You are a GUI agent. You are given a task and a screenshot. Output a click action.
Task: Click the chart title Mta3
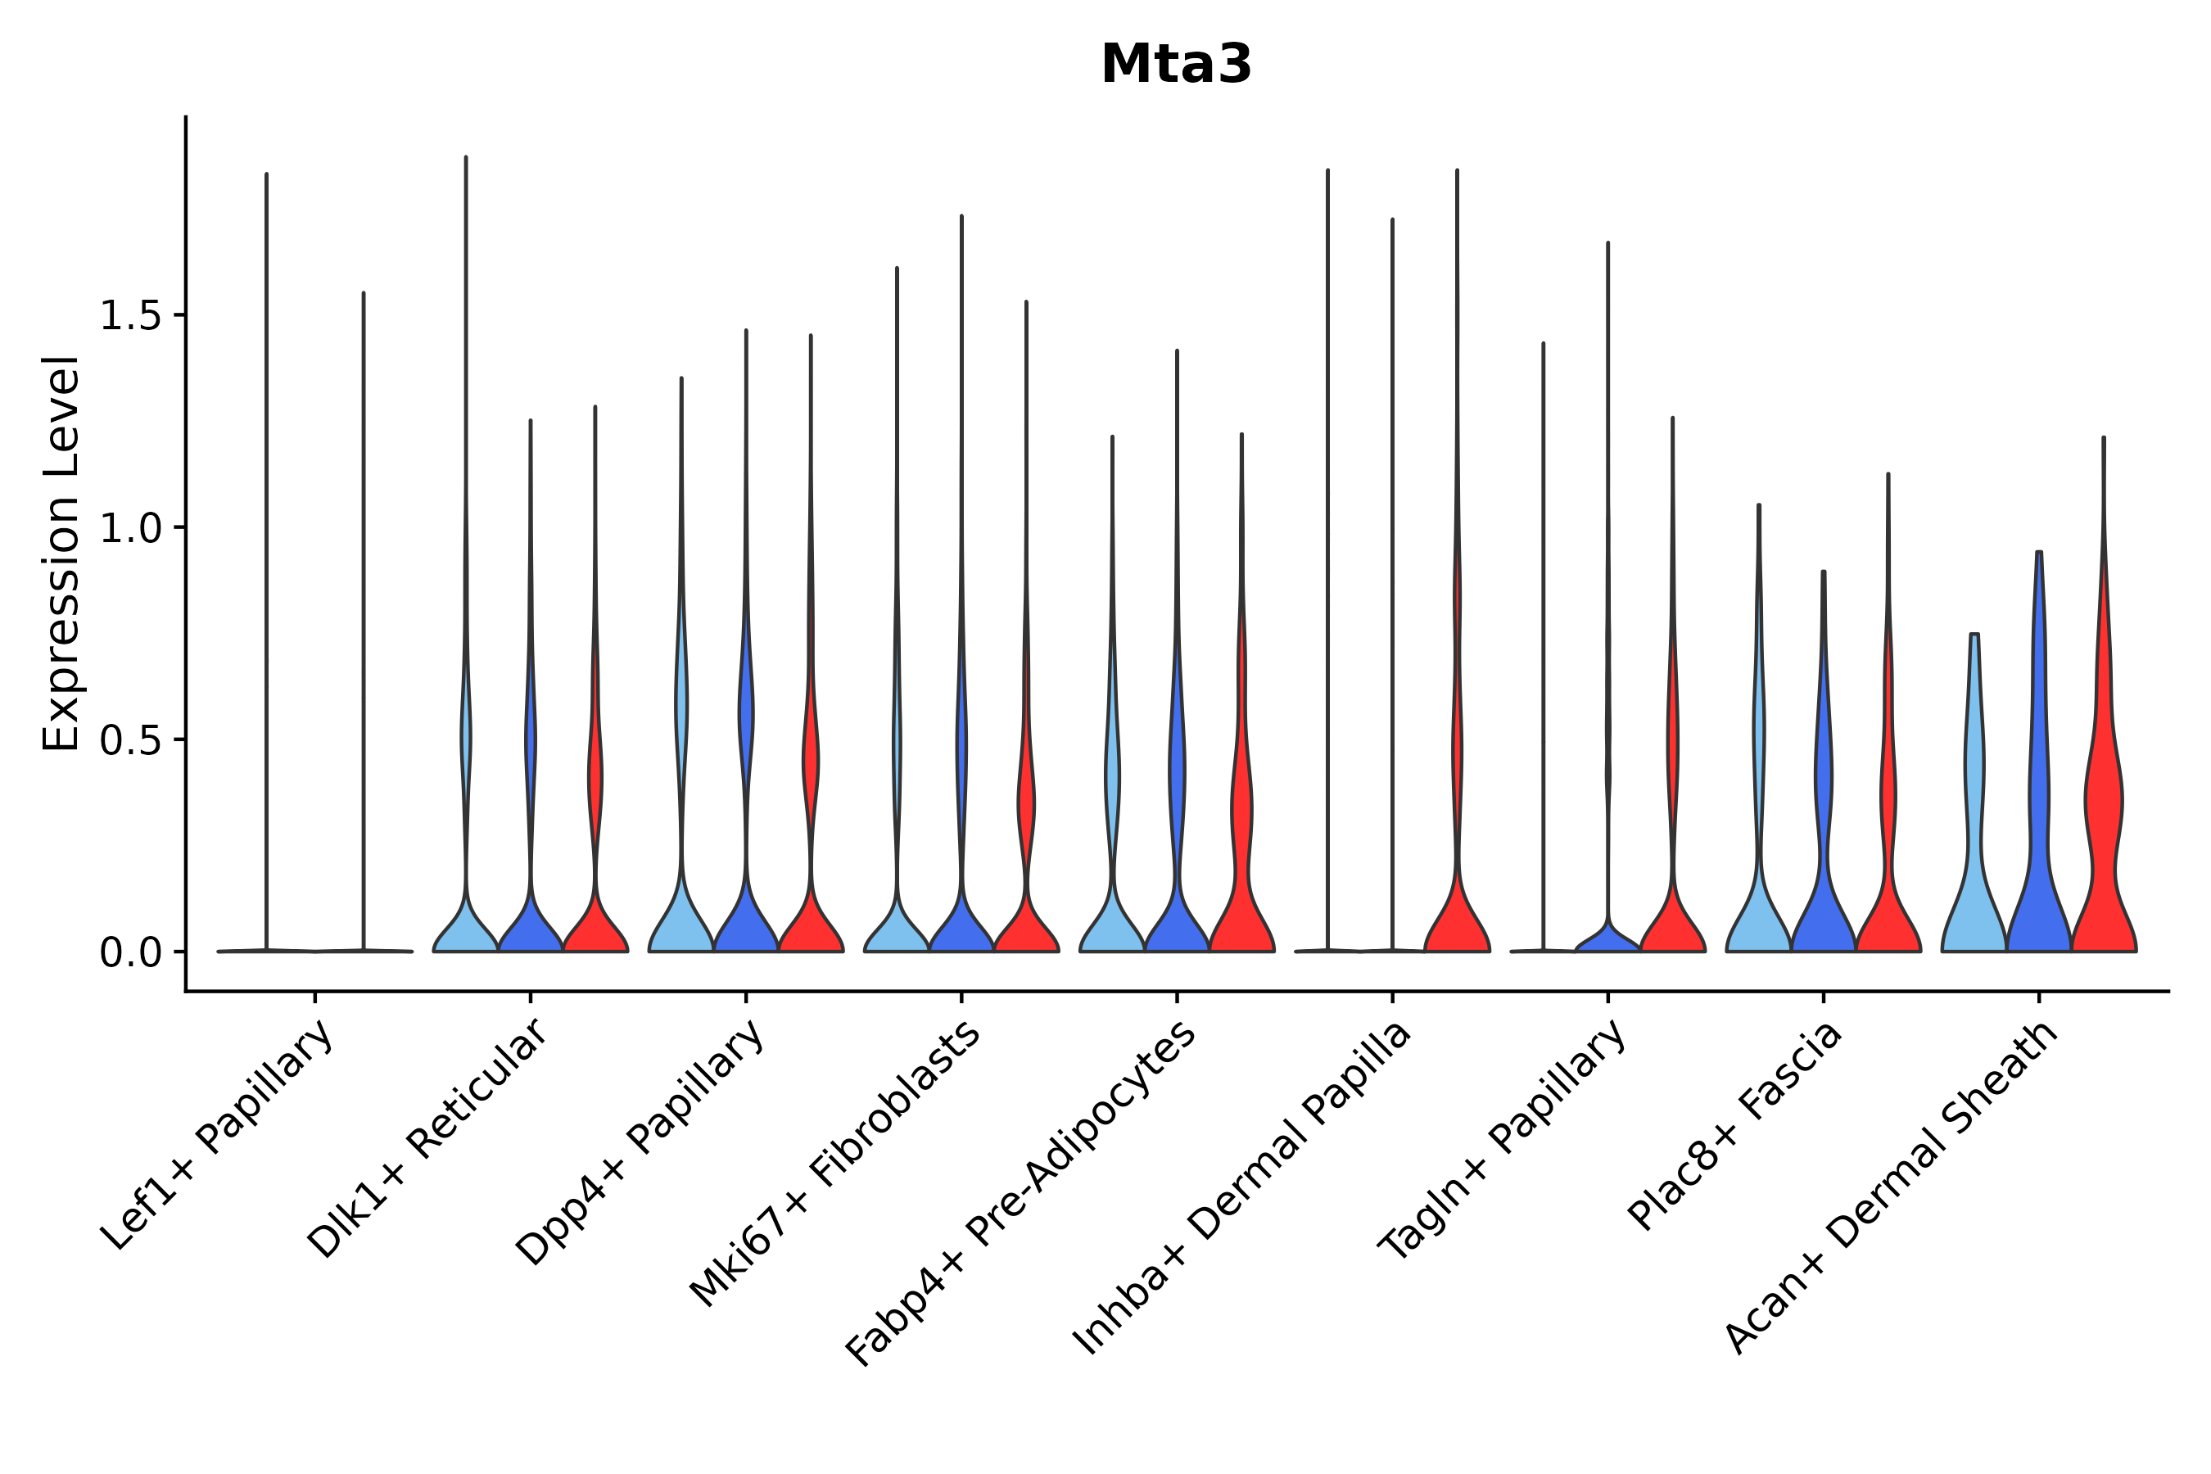(1175, 65)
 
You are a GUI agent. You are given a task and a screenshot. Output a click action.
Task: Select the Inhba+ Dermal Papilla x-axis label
(1241, 1188)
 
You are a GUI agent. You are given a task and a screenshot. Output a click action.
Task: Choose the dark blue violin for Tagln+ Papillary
(1607, 938)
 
